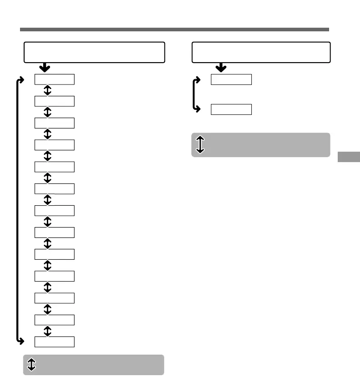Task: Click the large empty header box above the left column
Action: (94, 52)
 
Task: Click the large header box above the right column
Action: (261, 52)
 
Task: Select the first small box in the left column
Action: (55, 79)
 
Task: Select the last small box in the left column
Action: (55, 341)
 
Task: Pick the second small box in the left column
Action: (55, 101)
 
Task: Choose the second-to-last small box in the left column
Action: (55, 320)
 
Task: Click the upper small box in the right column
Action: (231, 79)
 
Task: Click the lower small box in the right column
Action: (231, 109)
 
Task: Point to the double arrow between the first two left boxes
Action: (48, 90)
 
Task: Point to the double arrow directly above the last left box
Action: (48, 331)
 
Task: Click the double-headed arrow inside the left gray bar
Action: (31, 365)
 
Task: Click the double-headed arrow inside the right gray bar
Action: (200, 144)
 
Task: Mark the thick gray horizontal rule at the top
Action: (174, 30)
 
